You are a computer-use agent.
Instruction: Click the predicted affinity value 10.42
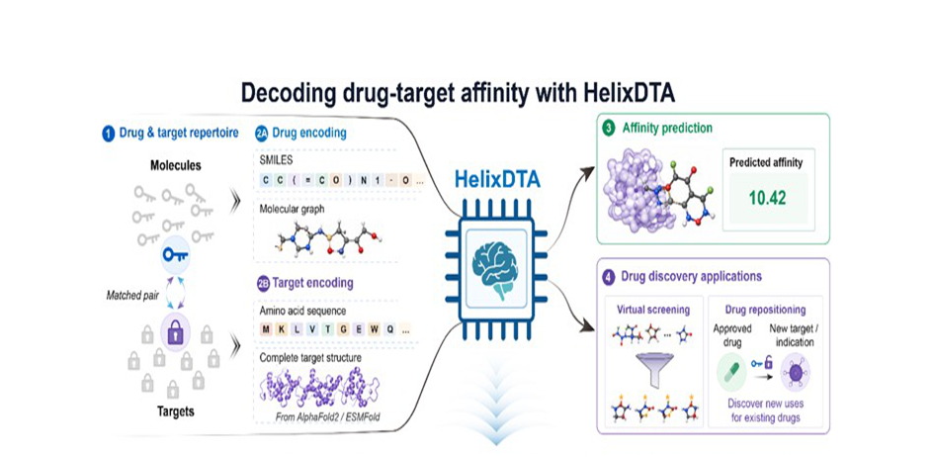[767, 198]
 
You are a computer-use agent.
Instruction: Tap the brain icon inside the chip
[494, 270]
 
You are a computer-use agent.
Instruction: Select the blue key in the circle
[176, 254]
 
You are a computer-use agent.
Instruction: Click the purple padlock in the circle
[176, 330]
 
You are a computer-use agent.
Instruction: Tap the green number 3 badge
[609, 128]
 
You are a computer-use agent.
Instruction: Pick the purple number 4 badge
[609, 276]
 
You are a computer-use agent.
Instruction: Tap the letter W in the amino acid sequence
[376, 329]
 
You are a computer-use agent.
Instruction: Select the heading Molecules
[175, 166]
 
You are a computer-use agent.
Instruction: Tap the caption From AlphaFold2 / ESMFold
[327, 416]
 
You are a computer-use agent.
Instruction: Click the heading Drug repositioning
[765, 310]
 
